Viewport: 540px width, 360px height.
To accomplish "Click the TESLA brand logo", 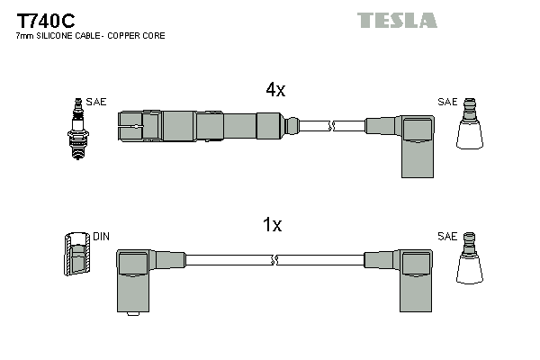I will click(397, 20).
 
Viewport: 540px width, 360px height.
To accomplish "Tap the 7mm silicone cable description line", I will click(90, 36).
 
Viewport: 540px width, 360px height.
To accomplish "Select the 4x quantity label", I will click(275, 89).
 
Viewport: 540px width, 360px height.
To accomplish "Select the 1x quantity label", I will click(273, 225).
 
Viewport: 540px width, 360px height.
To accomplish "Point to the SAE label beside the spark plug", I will click(96, 103).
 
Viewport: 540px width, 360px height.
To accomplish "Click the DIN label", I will click(101, 237).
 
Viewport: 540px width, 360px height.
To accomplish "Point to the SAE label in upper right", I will click(447, 103).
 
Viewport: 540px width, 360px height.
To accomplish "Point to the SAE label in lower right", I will click(447, 237).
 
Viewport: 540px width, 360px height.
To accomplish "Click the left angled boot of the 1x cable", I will click(135, 274).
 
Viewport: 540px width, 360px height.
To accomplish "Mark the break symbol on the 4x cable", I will click(332, 125).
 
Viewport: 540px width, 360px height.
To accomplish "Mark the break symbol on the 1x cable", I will click(274, 260).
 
